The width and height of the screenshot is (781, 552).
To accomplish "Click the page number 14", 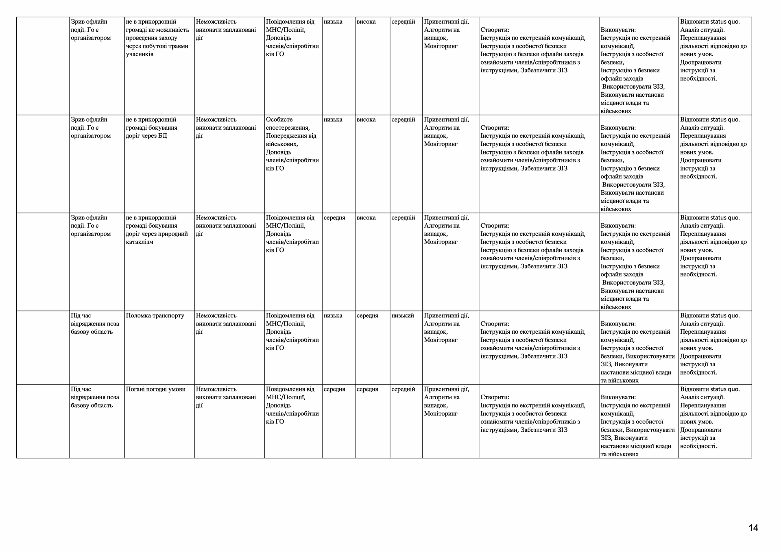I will pyautogui.click(x=753, y=528).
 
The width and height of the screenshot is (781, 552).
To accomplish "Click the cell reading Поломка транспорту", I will pyautogui.click(x=155, y=316).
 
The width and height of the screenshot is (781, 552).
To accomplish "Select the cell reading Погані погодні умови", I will pyautogui.click(x=156, y=389).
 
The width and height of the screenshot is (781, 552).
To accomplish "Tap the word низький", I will pyautogui.click(x=403, y=316).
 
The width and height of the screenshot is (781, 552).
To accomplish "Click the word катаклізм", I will pyautogui.click(x=140, y=242).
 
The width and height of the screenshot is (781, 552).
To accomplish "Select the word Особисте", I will pyautogui.click(x=279, y=120).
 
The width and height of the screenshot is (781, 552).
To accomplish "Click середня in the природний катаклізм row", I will pyautogui.click(x=334, y=218).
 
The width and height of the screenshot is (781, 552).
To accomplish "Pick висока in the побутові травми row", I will pyautogui.click(x=366, y=22).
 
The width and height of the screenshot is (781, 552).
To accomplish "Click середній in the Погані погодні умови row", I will pyautogui.click(x=403, y=389).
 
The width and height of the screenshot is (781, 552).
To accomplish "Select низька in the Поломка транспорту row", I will pyautogui.click(x=333, y=316).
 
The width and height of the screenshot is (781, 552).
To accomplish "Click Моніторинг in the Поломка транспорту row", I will pyautogui.click(x=441, y=340).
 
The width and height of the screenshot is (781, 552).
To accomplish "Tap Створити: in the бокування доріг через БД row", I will pyautogui.click(x=495, y=128).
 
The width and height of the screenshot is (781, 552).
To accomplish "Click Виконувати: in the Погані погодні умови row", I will pyautogui.click(x=618, y=398).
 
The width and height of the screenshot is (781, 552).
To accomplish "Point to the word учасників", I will pyautogui.click(x=140, y=54).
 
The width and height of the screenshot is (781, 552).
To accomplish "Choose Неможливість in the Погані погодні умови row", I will pyautogui.click(x=216, y=389).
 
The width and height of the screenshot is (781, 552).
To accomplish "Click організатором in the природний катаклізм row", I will pyautogui.click(x=91, y=234).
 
